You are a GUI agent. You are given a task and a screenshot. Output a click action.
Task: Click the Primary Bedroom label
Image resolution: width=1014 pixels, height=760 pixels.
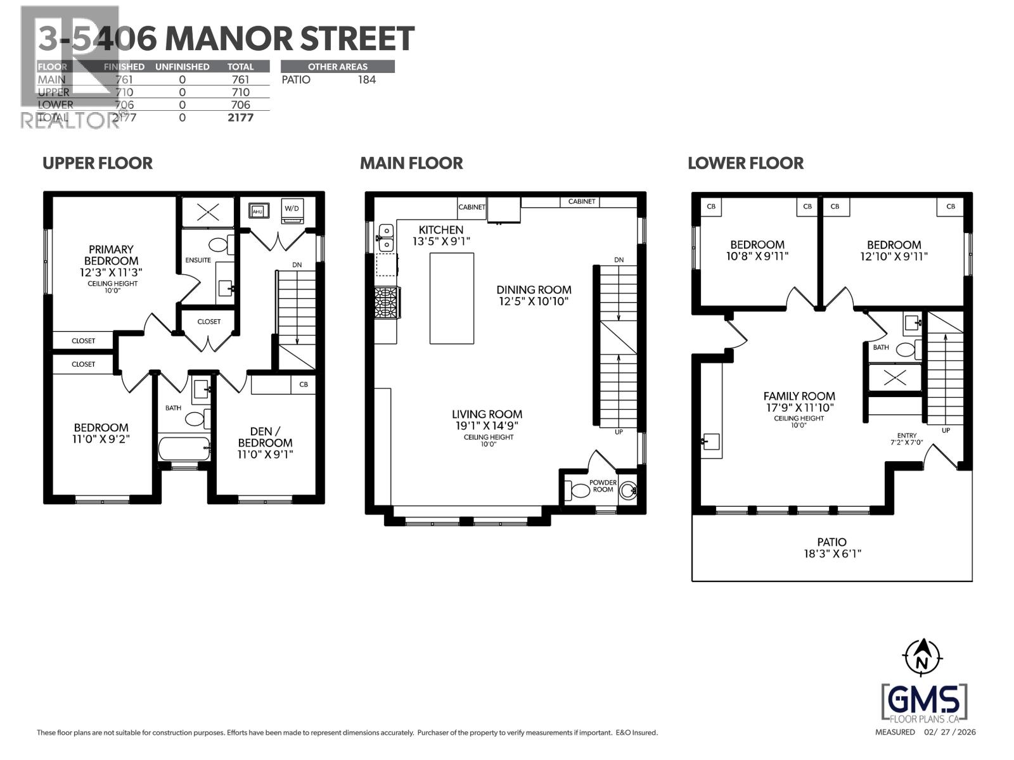coord(111,255)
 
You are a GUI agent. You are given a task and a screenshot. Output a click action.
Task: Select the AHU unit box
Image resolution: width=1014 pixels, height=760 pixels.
coord(258,211)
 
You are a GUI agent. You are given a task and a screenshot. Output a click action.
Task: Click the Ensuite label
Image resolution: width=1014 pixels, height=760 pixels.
coord(198,260)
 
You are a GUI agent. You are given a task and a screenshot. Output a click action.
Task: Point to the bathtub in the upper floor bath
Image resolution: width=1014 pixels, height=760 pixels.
coord(184,448)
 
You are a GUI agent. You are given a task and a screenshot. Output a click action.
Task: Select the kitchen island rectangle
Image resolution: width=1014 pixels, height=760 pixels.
coord(451,298)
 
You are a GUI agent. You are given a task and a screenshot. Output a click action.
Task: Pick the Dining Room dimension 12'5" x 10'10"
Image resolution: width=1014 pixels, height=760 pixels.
coord(534,301)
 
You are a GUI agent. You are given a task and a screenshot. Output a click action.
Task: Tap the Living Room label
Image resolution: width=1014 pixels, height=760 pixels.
coord(487,414)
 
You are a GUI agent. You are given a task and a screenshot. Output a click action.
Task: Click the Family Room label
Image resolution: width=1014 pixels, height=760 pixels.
coord(799,396)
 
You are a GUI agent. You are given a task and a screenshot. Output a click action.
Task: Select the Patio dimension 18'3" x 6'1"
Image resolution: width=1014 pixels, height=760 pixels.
coord(831,554)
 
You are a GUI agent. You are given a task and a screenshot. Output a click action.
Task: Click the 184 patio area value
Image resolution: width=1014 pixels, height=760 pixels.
coord(366,80)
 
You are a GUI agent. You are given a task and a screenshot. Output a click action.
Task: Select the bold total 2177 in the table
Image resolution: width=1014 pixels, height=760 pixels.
coord(240,118)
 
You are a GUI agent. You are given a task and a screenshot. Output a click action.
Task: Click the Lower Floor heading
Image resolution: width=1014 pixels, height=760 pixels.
coord(745,163)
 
